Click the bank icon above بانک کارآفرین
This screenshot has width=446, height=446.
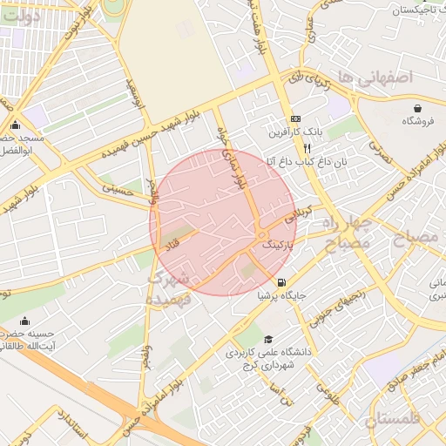[295, 118]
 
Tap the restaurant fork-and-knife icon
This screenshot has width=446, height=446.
[307, 149]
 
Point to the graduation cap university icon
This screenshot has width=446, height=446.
[268, 339]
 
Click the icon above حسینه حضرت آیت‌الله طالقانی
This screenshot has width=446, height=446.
[24, 321]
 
